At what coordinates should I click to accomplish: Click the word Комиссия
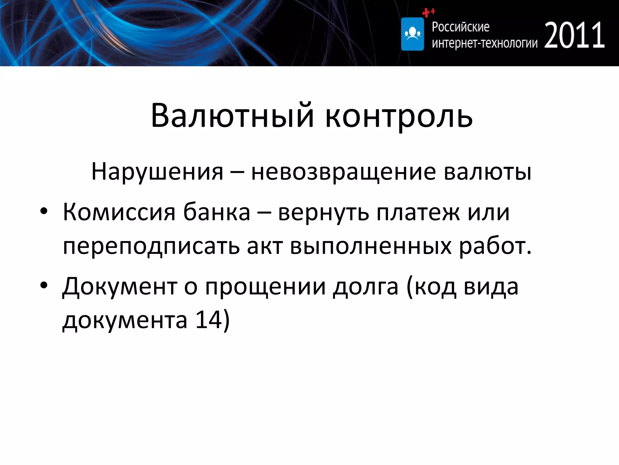coord(119,213)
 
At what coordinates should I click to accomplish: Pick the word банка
coord(217,213)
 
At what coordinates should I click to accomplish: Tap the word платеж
coord(419,213)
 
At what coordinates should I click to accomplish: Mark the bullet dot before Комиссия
coord(44,212)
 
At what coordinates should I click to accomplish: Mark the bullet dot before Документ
coord(44,285)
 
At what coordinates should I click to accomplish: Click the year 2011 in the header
coord(574,36)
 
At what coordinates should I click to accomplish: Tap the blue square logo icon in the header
coord(412,34)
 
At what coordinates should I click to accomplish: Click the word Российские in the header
coord(460,27)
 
